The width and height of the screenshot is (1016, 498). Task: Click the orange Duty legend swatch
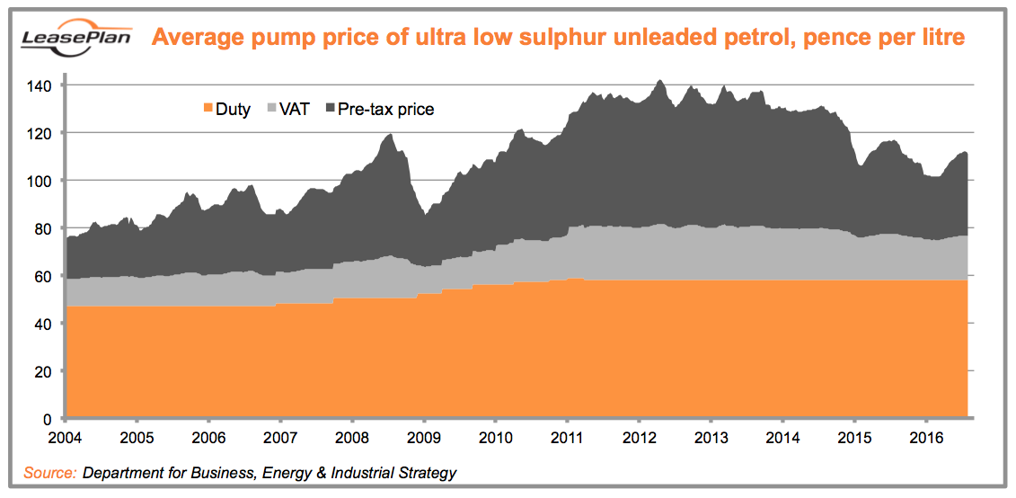[208, 110]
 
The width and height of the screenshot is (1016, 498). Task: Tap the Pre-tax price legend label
[385, 110]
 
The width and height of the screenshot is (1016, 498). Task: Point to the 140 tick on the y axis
[44, 85]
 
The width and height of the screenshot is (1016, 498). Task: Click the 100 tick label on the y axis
[44, 181]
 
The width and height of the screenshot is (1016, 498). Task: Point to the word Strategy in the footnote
[425, 473]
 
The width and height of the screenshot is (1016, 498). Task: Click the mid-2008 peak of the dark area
[390, 136]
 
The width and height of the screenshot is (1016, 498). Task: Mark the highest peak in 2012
[659, 81]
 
